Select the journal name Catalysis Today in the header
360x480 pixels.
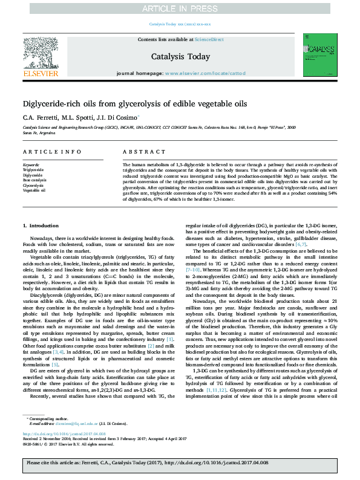[x=180, y=56]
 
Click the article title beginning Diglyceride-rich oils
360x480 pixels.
[x=135, y=103]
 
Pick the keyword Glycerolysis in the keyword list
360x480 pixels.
[x=33, y=185]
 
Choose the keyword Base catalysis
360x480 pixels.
[x=34, y=180]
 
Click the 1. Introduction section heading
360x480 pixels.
[x=41, y=225]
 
